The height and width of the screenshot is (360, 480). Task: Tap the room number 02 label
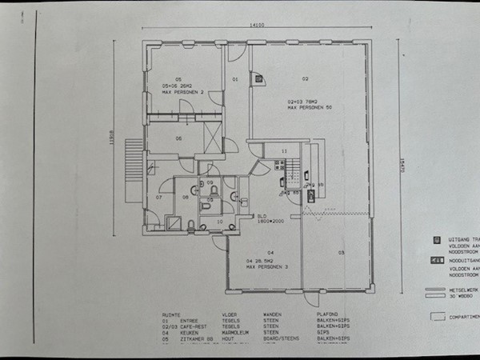305,78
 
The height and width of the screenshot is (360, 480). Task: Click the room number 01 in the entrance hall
236,80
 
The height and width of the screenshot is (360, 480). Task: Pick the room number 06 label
179,138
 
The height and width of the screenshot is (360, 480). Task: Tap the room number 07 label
159,196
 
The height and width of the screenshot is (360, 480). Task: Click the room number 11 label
283,151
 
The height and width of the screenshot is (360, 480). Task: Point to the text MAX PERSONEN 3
258,266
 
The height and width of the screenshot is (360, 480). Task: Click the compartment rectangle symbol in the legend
437,315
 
